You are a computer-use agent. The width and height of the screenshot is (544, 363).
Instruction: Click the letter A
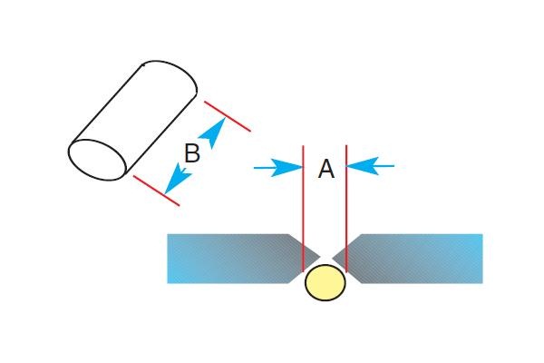click(326, 169)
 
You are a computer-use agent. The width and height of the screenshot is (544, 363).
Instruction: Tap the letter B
click(191, 153)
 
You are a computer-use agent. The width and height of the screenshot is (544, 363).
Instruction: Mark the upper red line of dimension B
click(228, 115)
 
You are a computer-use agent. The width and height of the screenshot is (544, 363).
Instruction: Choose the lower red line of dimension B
click(156, 190)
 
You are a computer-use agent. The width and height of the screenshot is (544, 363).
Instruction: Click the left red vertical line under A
click(303, 209)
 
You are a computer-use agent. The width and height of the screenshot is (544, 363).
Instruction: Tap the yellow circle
click(325, 283)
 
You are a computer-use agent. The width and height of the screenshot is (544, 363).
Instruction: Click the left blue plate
click(227, 259)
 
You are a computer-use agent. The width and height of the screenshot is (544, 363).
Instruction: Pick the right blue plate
click(417, 259)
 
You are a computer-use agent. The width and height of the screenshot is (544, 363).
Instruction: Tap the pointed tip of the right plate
click(333, 257)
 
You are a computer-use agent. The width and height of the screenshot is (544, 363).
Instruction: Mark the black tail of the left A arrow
click(263, 167)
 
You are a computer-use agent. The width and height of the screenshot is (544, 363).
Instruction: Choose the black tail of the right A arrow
click(384, 166)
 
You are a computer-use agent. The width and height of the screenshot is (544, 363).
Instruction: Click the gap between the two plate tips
click(325, 257)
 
